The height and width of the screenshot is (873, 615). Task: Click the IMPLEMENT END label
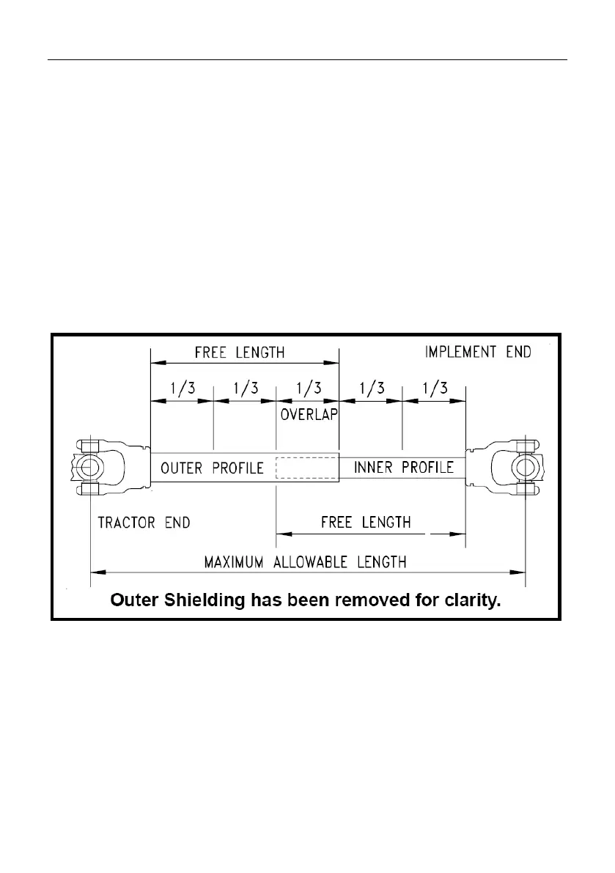478,352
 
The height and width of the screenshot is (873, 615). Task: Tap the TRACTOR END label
144,523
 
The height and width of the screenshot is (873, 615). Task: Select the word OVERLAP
308,414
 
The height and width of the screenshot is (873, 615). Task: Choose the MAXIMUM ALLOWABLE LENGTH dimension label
305,563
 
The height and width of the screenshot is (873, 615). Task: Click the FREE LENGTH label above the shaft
240,352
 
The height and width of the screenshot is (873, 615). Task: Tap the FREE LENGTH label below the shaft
366,523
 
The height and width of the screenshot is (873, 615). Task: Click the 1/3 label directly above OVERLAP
307,387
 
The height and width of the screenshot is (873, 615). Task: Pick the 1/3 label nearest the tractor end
181,387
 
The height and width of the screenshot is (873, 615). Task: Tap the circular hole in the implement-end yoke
525,468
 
